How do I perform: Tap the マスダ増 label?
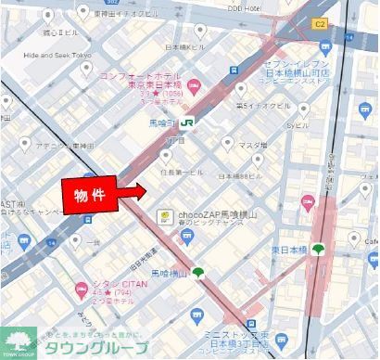[x=252, y=145]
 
